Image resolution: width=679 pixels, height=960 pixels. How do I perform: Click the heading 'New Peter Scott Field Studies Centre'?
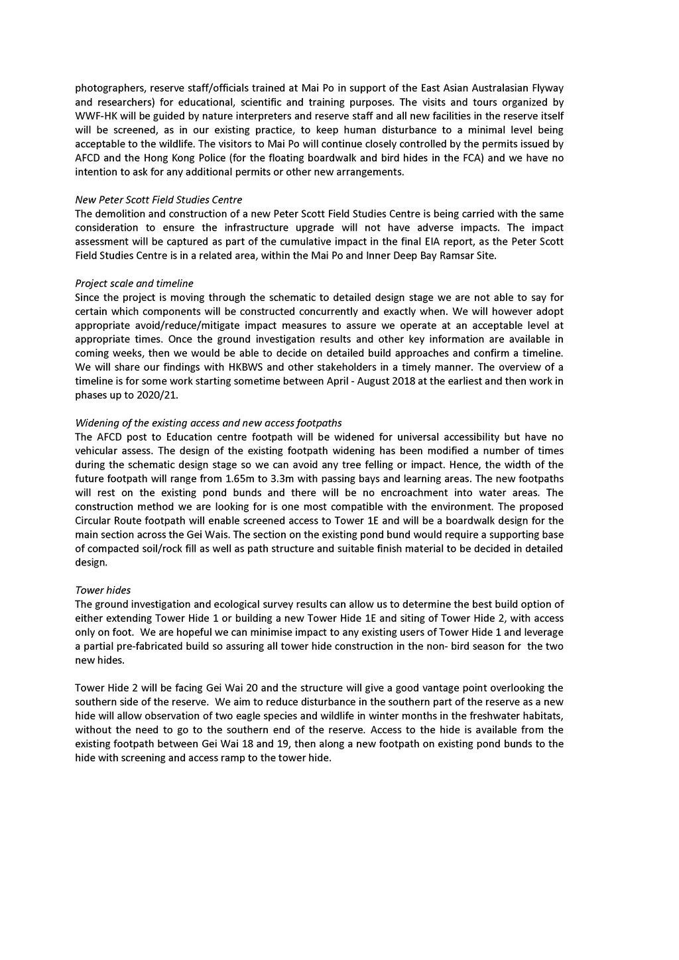click(x=158, y=200)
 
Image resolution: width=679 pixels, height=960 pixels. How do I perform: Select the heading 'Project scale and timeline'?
click(x=134, y=283)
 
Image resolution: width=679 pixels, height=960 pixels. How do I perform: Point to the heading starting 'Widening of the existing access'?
click(x=208, y=422)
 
